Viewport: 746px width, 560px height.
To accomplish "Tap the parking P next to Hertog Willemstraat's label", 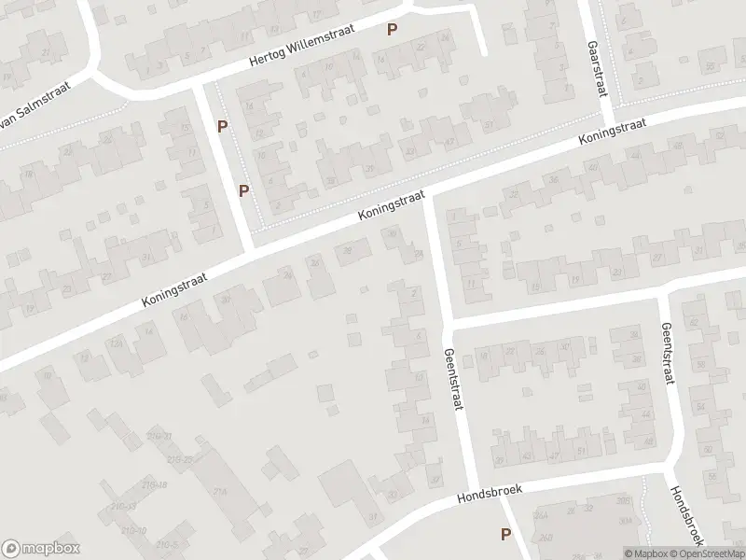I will [393, 30].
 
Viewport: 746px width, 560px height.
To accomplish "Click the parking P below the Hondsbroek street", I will [505, 535].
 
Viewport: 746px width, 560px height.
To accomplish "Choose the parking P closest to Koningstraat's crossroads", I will [244, 191].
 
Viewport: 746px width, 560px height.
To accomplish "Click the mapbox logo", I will [40, 549].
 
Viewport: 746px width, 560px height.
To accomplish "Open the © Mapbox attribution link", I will [646, 553].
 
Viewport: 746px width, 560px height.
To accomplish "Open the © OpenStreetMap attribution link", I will [708, 553].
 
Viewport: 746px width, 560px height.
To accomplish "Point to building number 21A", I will [221, 492].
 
